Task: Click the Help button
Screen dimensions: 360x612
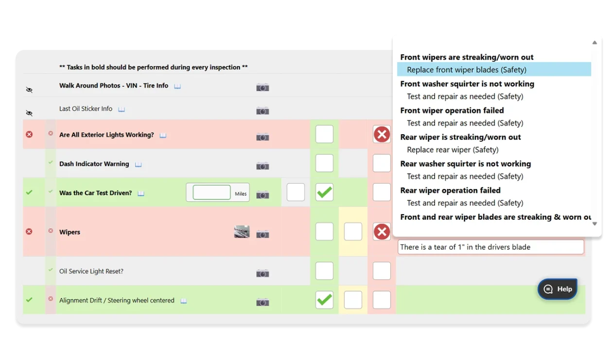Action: (x=558, y=289)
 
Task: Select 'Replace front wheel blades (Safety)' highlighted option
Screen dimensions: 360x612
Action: (x=467, y=70)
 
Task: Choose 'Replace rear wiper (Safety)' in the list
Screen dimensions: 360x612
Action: (x=453, y=150)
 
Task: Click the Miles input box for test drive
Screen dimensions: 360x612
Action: (x=211, y=192)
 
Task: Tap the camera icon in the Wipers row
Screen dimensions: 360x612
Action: (x=262, y=234)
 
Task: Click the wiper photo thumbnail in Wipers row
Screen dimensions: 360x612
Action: (x=242, y=232)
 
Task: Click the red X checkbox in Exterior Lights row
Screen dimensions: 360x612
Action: (x=382, y=135)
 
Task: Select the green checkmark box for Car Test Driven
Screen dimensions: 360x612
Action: (x=324, y=192)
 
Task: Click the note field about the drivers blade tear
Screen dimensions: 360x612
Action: (x=490, y=247)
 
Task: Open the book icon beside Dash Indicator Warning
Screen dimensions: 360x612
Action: (x=139, y=164)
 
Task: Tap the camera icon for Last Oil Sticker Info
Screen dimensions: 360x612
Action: (x=262, y=111)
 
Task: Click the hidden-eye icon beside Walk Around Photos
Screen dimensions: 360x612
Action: (x=29, y=90)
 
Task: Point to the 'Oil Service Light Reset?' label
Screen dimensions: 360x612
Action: (x=91, y=271)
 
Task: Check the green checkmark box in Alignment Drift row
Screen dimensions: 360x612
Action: (x=324, y=300)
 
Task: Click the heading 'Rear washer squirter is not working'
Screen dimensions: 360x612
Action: (x=465, y=164)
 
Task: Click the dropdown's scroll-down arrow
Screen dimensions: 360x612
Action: (x=594, y=224)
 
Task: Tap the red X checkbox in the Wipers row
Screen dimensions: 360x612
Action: (x=382, y=232)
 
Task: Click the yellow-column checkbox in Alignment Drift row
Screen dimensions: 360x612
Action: (x=353, y=300)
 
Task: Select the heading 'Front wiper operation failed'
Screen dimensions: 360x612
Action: (x=452, y=110)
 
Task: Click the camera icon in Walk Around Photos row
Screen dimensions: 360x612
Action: (x=262, y=87)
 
